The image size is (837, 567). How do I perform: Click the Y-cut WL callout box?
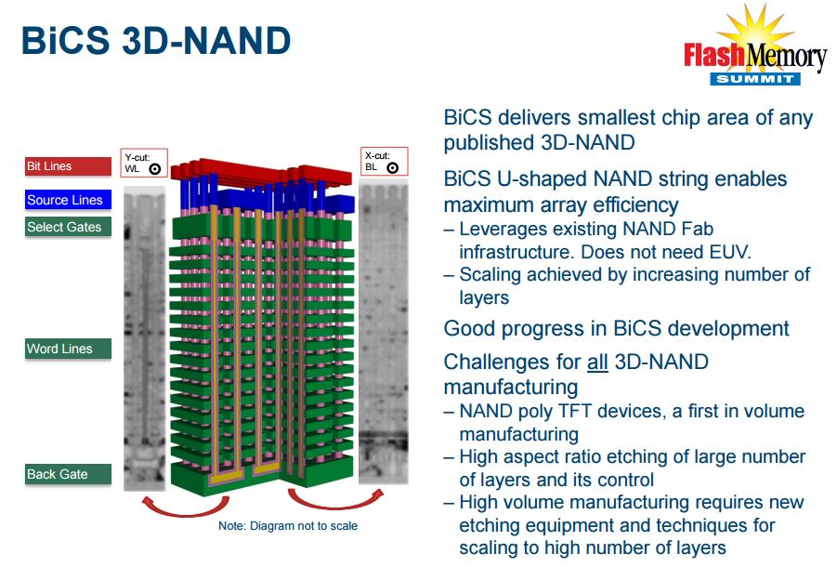pyautogui.click(x=144, y=164)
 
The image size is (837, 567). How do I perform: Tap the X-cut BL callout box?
pyautogui.click(x=383, y=161)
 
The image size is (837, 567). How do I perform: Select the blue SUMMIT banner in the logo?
pyautogui.click(x=755, y=79)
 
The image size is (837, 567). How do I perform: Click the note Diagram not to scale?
pyautogui.click(x=288, y=526)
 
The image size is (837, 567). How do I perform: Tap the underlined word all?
pyautogui.click(x=597, y=362)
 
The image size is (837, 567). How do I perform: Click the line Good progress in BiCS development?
pyautogui.click(x=616, y=328)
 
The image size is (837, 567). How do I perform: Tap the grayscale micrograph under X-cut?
pyautogui.click(x=383, y=335)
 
